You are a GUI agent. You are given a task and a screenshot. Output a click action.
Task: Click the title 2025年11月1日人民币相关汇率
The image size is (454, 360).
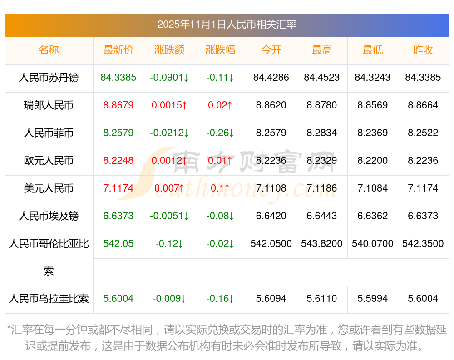tap(227, 25)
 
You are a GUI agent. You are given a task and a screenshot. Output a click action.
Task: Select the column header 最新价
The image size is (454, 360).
tap(118, 50)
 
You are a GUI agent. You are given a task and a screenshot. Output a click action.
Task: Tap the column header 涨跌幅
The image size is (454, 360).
tap(220, 50)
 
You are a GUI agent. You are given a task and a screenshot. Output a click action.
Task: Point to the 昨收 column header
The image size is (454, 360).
tap(423, 50)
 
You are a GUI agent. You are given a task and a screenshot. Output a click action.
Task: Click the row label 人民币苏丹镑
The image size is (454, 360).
tap(49, 78)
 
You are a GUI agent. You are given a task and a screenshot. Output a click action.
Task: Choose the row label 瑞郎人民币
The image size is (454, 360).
tap(49, 105)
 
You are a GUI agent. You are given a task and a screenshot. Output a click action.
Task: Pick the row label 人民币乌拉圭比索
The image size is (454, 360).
tap(49, 299)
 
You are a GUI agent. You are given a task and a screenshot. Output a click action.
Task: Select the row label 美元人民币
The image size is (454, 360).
tap(49, 188)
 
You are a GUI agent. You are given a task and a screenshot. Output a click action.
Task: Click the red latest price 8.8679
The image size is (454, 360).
tap(118, 105)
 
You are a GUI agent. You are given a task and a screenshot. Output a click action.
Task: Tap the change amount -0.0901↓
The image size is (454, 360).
tap(169, 78)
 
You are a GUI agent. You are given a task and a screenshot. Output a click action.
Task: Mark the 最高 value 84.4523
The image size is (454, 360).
tap(322, 78)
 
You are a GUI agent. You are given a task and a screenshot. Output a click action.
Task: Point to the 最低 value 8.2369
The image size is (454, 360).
tap(373, 133)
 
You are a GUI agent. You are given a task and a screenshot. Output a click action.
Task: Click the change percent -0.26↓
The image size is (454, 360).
tap(220, 133)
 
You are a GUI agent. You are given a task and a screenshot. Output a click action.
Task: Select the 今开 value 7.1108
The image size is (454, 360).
tap(271, 188)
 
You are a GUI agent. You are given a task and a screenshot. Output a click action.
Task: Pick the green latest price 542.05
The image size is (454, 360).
tap(118, 244)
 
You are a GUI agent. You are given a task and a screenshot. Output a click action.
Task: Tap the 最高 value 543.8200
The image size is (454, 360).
tap(322, 244)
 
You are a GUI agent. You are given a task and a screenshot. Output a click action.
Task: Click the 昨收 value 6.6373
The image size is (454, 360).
tap(423, 216)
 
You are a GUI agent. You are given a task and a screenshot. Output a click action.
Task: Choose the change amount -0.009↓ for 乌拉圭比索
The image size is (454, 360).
tap(169, 299)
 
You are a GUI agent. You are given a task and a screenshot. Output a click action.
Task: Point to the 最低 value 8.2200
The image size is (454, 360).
tap(373, 161)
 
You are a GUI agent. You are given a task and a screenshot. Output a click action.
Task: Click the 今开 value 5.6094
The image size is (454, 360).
tap(271, 299)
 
